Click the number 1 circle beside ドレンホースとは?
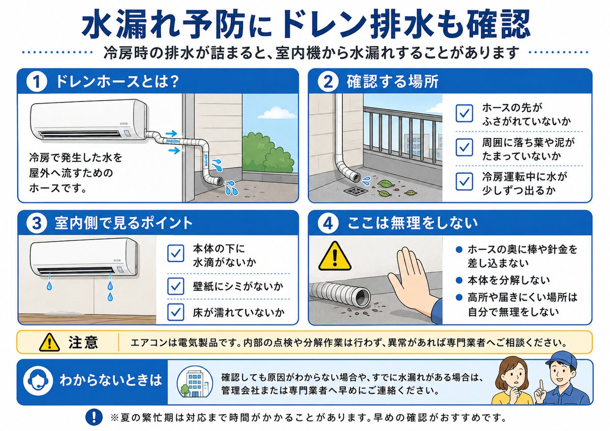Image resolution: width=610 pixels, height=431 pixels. [x=37, y=82]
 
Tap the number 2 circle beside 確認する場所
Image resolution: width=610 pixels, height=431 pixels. [x=328, y=82]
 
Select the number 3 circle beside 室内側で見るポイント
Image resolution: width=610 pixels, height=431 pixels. [x=37, y=223]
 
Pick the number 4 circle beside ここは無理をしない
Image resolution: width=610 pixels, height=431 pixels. [x=328, y=223]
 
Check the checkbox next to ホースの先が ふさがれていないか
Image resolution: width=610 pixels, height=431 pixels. [x=464, y=113]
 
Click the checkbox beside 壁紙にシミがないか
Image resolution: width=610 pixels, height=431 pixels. [x=176, y=286]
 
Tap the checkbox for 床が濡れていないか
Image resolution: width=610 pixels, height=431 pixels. [x=176, y=312]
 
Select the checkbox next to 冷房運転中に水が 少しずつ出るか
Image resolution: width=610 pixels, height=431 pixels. [x=464, y=181]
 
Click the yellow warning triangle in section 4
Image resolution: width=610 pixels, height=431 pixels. [x=334, y=257]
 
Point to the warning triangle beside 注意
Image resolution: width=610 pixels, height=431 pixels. [x=49, y=342]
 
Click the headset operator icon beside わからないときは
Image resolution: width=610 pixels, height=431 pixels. [x=38, y=380]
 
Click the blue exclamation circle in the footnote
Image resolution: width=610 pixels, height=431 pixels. [x=94, y=417]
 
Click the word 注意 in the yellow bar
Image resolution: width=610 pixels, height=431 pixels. [x=83, y=342]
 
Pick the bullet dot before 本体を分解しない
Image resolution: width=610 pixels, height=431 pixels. [x=459, y=280]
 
